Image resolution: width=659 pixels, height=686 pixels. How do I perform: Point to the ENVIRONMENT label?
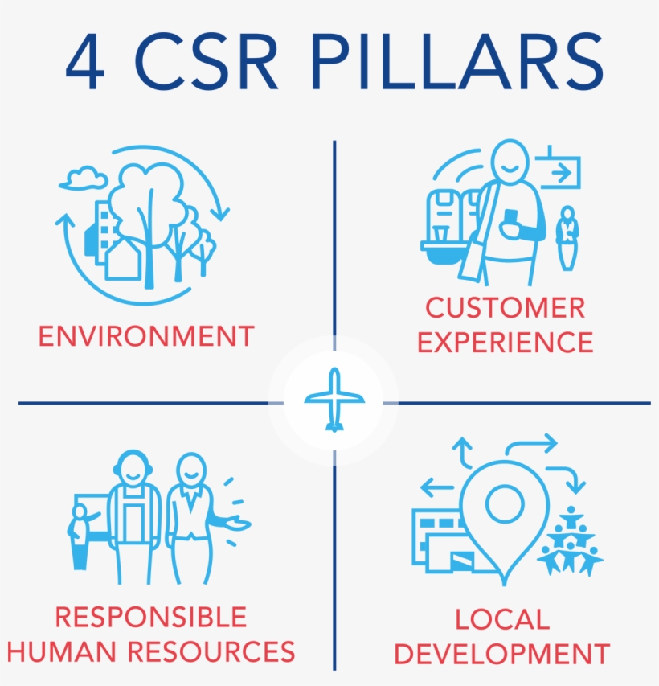click(146, 335)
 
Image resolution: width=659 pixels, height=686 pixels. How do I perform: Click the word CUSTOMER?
click(506, 307)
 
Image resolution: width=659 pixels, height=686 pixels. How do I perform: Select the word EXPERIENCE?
click(506, 343)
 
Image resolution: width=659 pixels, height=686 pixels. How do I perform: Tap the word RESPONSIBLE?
click(150, 618)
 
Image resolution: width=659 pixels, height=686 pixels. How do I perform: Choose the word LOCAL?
click(502, 619)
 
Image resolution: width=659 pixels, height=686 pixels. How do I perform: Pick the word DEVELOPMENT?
click(502, 653)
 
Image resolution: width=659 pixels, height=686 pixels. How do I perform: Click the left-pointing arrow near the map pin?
click(437, 487)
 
